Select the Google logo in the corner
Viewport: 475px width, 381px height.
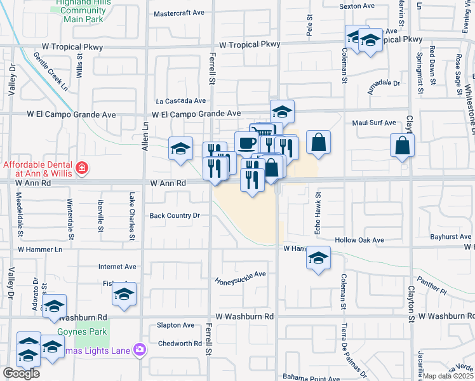click(x=21, y=373)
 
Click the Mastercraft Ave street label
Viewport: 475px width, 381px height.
click(x=180, y=13)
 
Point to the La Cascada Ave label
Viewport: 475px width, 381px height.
click(x=181, y=100)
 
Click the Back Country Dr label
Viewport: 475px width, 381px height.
click(x=175, y=215)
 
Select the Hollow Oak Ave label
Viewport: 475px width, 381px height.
click(x=360, y=240)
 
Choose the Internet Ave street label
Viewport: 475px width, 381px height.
click(x=117, y=267)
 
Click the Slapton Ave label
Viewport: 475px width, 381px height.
click(x=175, y=325)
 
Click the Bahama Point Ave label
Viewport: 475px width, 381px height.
click(x=312, y=378)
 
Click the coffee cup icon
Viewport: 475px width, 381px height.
click(x=246, y=142)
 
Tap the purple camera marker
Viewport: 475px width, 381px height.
click(x=139, y=349)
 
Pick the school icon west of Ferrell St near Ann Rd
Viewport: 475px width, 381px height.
click(x=180, y=149)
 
